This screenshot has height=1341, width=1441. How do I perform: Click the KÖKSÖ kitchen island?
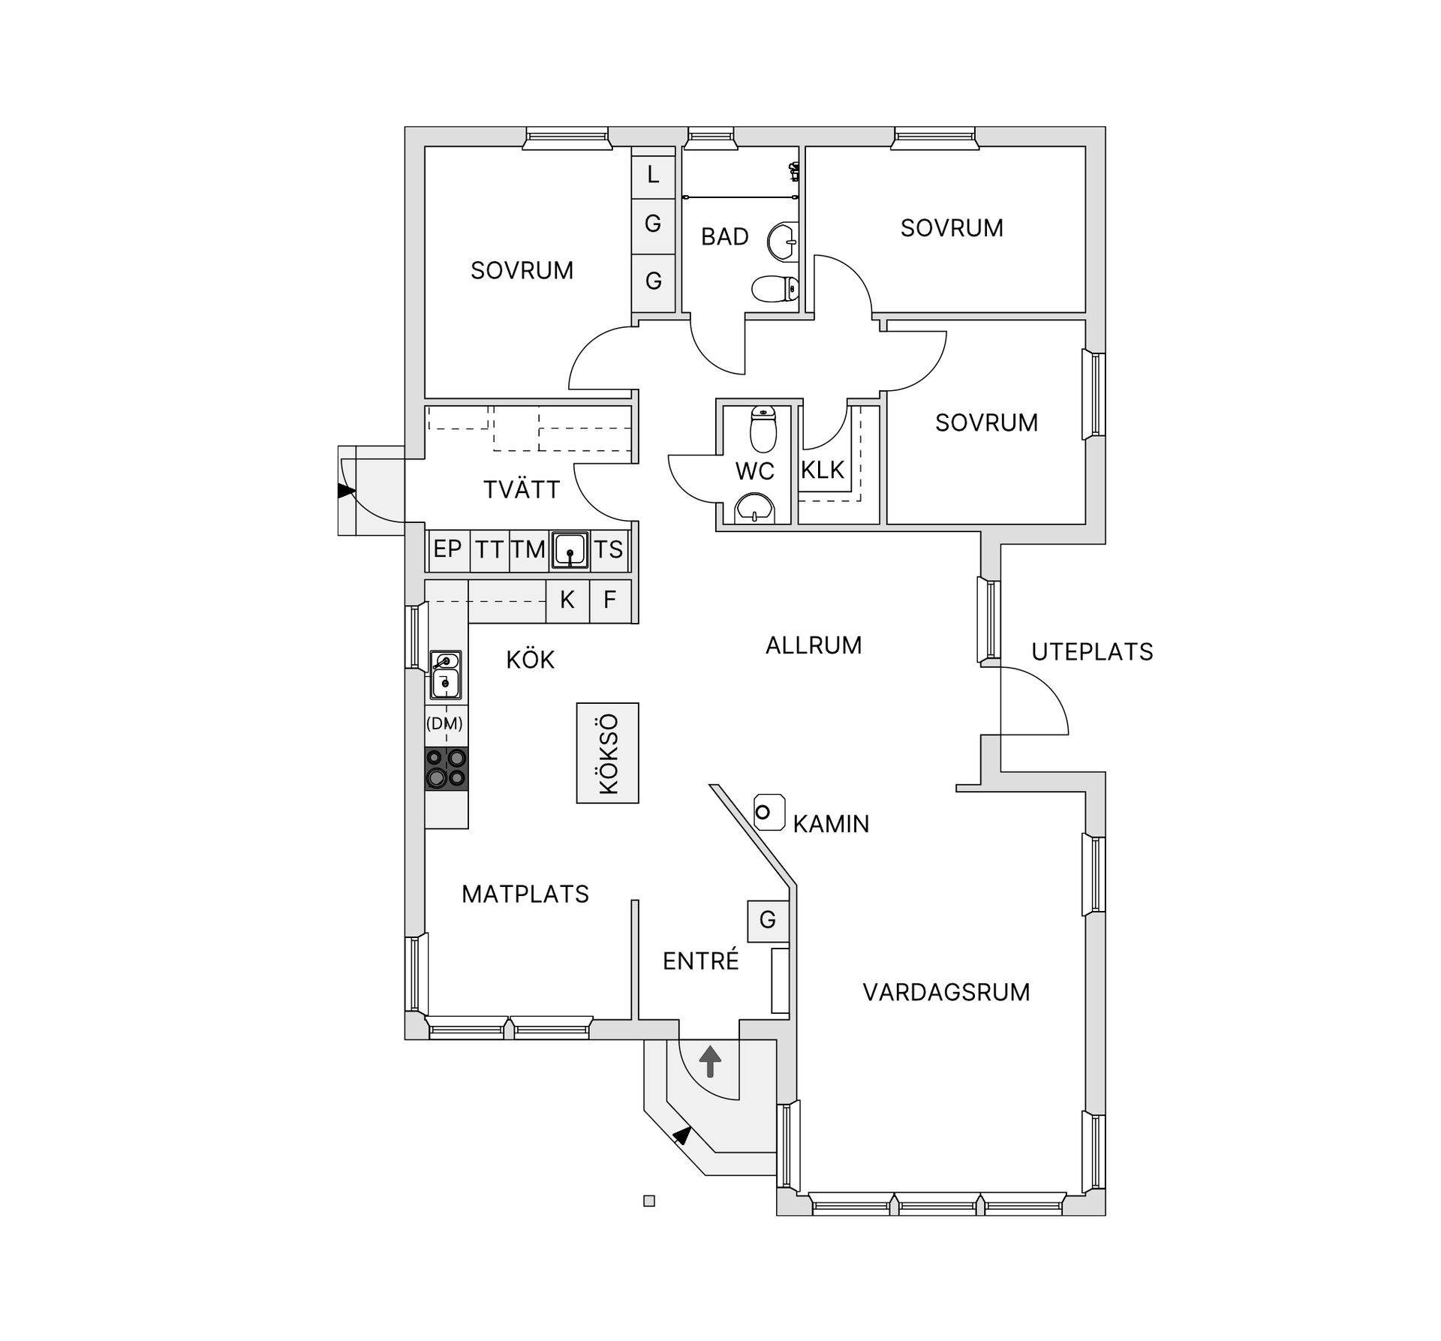point(607,753)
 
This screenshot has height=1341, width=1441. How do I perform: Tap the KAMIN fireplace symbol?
point(769,812)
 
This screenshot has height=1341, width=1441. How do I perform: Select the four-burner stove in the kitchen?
point(447,768)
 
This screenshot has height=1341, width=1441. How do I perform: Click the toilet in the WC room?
point(763,429)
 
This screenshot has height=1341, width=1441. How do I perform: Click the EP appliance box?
point(447,549)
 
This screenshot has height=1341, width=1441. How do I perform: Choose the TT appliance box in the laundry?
point(489,549)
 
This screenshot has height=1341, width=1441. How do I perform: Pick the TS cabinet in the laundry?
point(609,549)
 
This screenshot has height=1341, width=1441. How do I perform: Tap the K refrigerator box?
point(567,600)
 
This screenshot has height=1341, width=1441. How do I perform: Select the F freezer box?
point(610,600)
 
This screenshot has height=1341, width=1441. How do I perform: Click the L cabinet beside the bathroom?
point(653,175)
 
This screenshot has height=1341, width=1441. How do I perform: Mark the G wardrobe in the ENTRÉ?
point(768,920)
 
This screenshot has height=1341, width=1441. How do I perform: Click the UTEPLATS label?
point(1092,651)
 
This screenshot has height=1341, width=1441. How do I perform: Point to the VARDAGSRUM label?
point(946,992)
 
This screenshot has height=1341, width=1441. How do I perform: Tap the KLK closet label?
point(823,470)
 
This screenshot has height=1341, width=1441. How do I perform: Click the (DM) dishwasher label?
point(444,724)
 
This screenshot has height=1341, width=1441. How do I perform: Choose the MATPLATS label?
point(525,894)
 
